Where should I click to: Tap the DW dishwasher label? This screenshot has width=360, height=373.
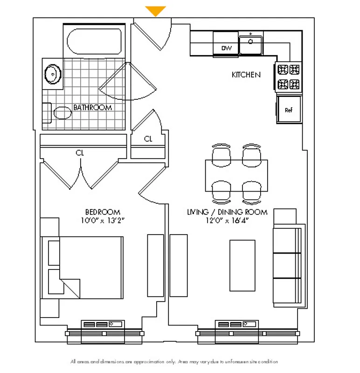coord(226,48)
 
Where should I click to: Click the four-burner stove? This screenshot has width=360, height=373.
coord(288,77)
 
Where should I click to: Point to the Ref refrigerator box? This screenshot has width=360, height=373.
coord(289,110)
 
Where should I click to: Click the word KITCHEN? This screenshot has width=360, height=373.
coord(246,75)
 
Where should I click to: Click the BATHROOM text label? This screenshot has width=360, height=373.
coord(93,108)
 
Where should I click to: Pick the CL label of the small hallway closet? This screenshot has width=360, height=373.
coord(148,138)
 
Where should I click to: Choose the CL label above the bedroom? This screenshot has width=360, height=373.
coord(80,152)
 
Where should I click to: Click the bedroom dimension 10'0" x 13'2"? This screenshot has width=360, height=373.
coord(103,220)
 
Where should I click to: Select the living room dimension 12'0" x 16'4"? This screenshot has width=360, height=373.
coord(227,221)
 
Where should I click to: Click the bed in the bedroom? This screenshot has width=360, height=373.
coord(83,267)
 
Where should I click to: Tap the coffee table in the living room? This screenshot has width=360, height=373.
coord(242,264)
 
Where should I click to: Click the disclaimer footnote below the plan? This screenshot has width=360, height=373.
coord(174,361)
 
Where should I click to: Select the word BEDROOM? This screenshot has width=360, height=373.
coord(103,212)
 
